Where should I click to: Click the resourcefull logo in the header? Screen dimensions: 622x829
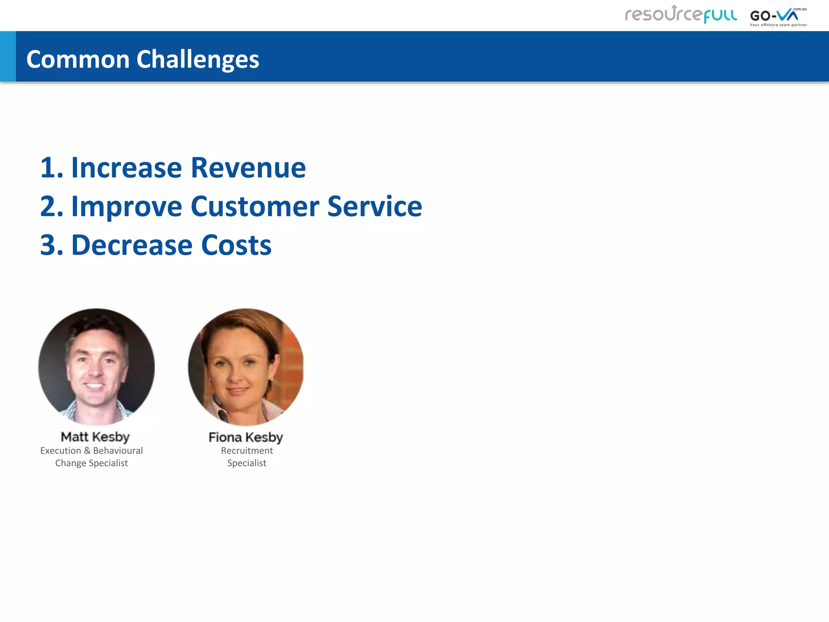(x=681, y=15)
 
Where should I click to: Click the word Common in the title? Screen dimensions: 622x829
(x=78, y=60)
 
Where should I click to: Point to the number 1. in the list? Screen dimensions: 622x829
(x=52, y=168)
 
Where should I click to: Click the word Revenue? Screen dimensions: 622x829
(x=248, y=168)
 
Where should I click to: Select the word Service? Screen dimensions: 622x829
(x=374, y=207)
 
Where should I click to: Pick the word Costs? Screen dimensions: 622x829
(x=236, y=245)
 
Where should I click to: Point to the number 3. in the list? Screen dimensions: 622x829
(x=52, y=245)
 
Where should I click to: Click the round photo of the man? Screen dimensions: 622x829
(x=96, y=367)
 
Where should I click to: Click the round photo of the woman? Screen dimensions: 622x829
(x=246, y=367)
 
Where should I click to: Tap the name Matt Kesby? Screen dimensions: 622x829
(x=95, y=437)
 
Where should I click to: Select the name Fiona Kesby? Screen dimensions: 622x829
(x=246, y=437)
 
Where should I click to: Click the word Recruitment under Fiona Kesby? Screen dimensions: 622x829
(x=247, y=451)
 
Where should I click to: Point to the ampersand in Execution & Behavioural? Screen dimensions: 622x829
(x=87, y=451)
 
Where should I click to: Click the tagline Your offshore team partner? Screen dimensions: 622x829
(x=778, y=25)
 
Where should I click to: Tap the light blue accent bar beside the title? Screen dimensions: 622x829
(x=8, y=56)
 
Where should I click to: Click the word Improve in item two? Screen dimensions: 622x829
(x=127, y=207)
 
